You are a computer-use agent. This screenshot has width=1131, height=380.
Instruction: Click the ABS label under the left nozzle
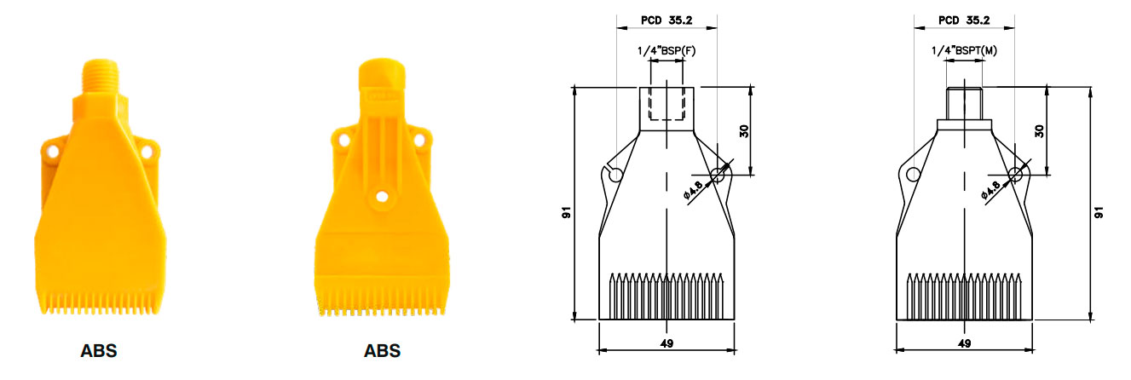(99, 351)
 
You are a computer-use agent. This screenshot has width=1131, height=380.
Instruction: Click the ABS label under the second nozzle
(382, 351)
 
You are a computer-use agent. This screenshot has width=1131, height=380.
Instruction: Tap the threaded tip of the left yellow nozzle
(100, 76)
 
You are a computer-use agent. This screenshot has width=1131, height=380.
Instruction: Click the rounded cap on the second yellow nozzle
(382, 73)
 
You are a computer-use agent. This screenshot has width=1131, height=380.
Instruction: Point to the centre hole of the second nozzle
(382, 196)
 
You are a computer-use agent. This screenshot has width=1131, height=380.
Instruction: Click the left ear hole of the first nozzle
(52, 151)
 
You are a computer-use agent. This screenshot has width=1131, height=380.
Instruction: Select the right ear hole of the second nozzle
(419, 140)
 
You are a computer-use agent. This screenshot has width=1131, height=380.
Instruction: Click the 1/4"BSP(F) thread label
(666, 51)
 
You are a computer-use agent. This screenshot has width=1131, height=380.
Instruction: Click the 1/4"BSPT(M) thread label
(965, 51)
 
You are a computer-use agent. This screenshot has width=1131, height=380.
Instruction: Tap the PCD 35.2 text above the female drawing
(666, 20)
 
